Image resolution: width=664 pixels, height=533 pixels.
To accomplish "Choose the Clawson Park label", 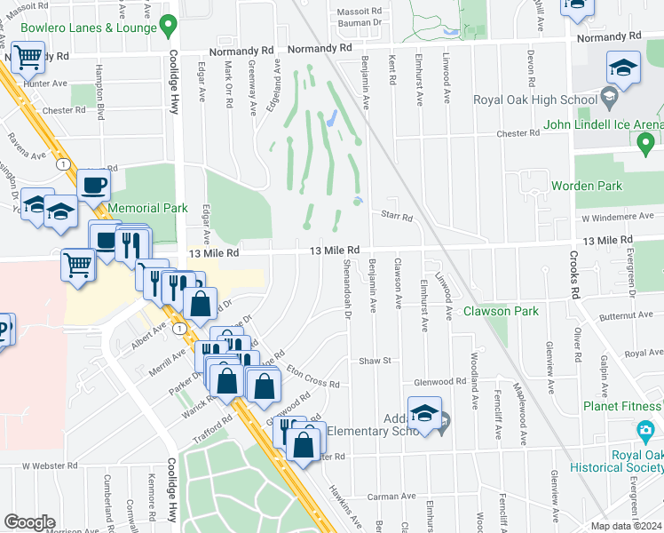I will (501, 311).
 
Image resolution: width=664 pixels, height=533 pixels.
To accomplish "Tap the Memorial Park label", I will (147, 208).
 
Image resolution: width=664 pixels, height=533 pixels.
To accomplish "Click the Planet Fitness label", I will (623, 406).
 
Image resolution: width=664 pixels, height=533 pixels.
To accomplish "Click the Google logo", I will (29, 521).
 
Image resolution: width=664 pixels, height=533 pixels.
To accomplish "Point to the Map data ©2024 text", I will (626, 526).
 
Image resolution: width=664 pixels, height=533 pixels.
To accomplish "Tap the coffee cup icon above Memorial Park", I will (93, 186).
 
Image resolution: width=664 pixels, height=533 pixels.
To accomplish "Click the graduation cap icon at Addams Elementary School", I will (425, 413).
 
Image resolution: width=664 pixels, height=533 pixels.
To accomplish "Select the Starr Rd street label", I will (396, 217).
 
